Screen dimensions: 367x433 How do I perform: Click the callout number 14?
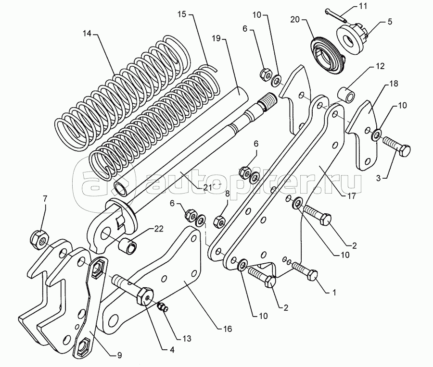click(x=87, y=35)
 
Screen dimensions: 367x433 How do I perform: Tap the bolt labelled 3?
click(x=396, y=147)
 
